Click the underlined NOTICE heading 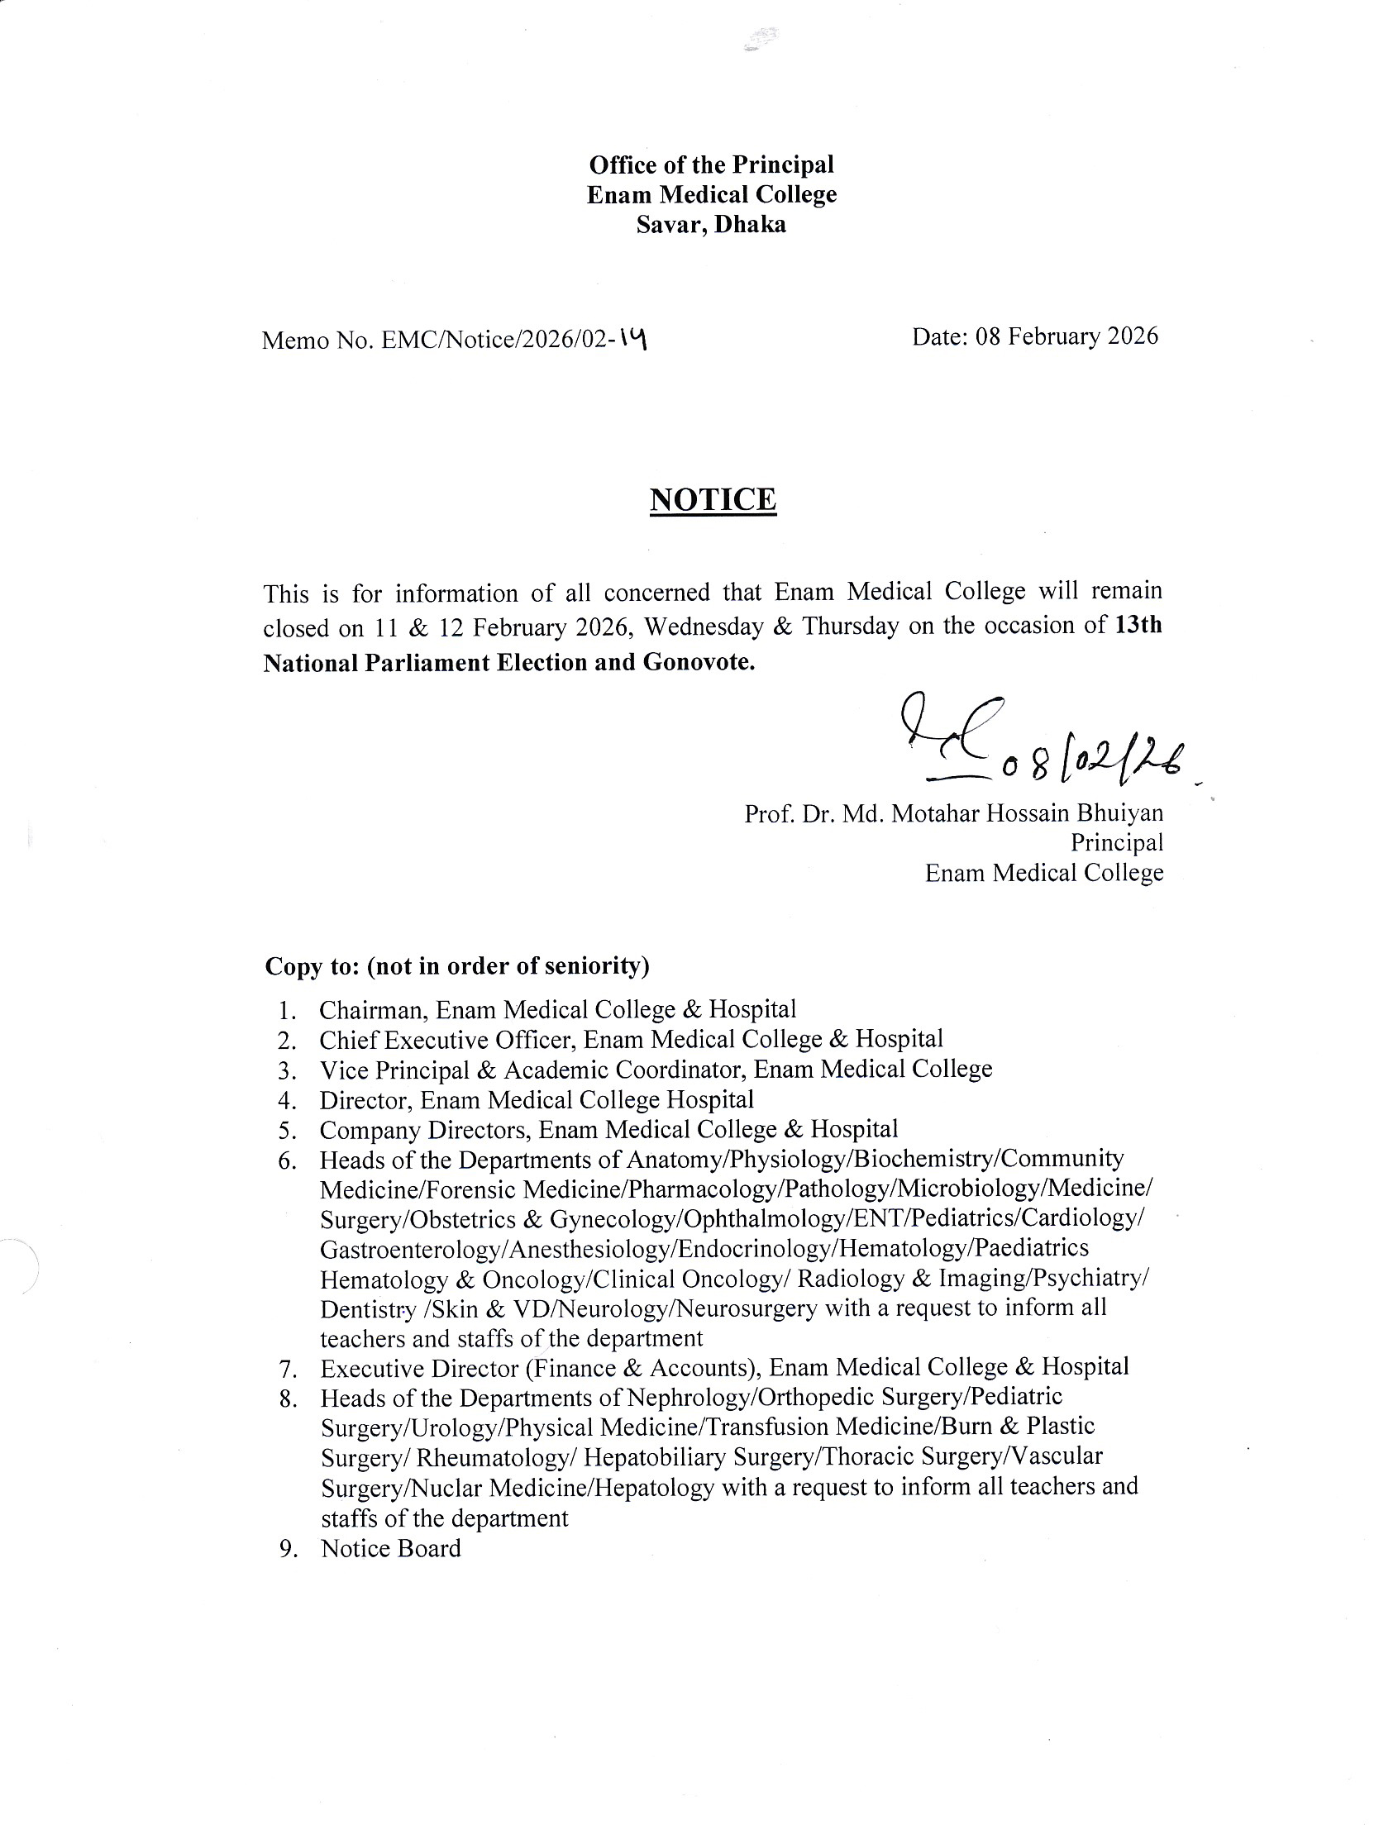click(713, 500)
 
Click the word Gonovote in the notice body click(696, 663)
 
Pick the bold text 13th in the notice click(1138, 626)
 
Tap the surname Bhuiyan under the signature click(1119, 813)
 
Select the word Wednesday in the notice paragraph click(704, 627)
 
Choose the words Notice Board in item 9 click(391, 1548)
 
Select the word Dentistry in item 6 click(367, 1309)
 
